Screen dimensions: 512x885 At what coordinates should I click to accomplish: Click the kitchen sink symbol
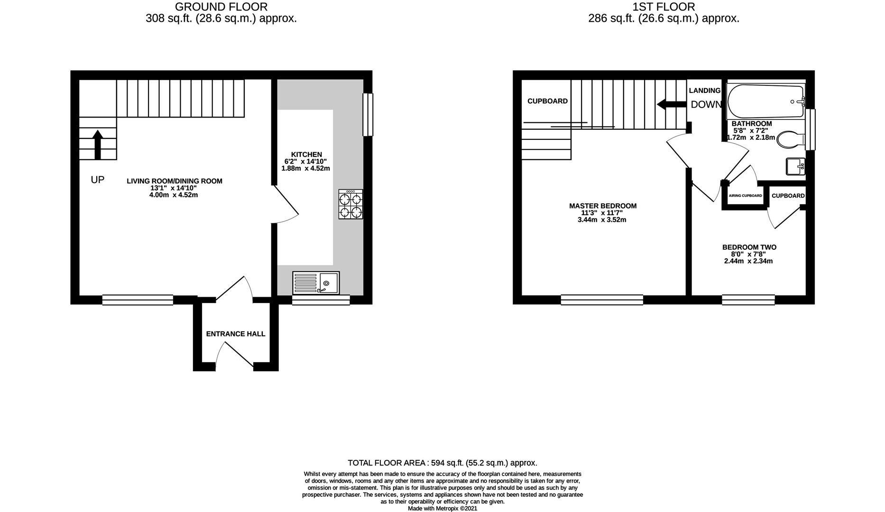[316, 283]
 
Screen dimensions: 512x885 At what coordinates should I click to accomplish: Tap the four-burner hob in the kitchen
[351, 204]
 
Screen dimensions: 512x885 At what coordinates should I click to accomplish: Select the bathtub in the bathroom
[765, 101]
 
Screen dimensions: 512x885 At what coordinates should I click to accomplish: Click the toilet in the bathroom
[792, 139]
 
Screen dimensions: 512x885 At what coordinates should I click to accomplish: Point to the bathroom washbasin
[795, 166]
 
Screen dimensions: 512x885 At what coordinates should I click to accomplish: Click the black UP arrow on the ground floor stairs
[98, 144]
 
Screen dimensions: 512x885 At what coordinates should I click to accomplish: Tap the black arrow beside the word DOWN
[672, 104]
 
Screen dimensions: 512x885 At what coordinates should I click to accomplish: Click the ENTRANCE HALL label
[236, 334]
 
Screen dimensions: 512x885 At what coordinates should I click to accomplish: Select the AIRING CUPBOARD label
[745, 196]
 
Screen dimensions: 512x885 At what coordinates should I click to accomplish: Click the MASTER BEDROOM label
[603, 206]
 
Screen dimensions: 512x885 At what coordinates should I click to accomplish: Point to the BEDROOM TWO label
[749, 247]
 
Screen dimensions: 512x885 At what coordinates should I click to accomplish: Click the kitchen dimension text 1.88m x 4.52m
[305, 168]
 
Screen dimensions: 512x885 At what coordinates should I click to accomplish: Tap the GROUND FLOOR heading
[221, 7]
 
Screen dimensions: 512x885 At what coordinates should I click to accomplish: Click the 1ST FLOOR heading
[664, 7]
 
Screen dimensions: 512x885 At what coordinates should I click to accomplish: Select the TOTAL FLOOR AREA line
[442, 463]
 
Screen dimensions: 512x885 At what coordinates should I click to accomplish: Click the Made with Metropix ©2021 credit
[442, 508]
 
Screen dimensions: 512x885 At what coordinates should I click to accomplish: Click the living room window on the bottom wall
[138, 299]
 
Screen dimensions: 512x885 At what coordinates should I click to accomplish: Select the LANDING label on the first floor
[704, 91]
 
